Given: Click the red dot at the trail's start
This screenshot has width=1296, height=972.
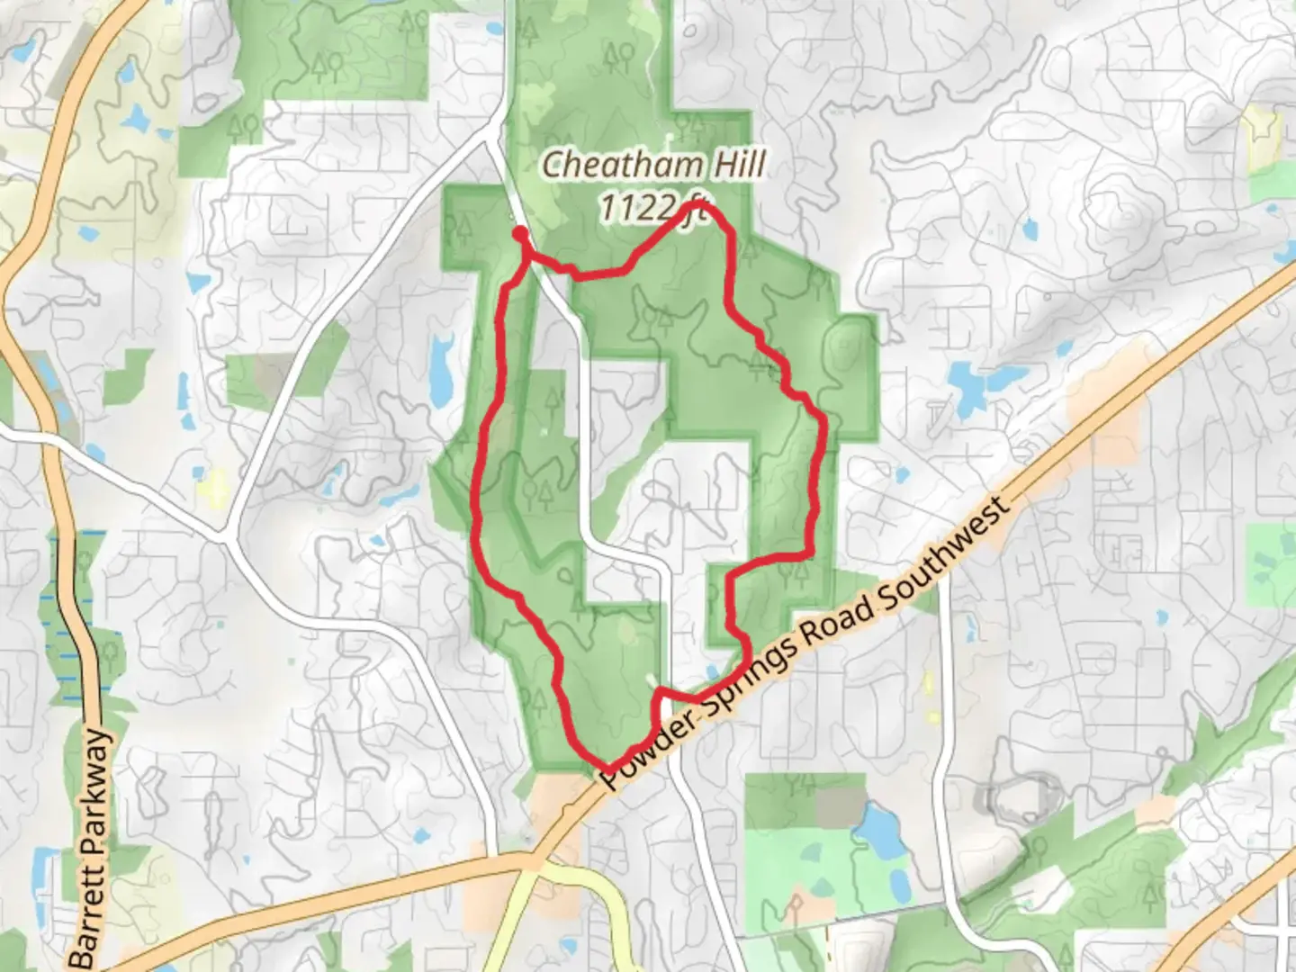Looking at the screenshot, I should tap(520, 234).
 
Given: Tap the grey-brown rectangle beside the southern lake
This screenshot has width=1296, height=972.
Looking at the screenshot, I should tap(839, 805).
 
